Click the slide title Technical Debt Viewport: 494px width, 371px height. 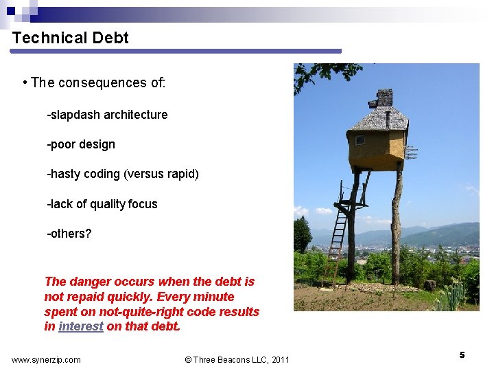coord(71,38)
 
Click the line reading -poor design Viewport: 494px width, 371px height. coord(81,144)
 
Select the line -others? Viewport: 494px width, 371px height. coord(69,234)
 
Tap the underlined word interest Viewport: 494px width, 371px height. coord(81,326)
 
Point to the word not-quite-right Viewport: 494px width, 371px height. coord(139,311)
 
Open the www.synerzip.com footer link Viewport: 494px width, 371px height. coord(46,359)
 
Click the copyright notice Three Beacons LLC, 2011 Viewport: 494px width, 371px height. coord(237,359)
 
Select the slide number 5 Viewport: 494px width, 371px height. coord(462,355)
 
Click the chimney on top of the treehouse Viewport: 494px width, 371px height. coord(384,98)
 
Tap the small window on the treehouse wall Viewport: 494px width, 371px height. coord(360,140)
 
